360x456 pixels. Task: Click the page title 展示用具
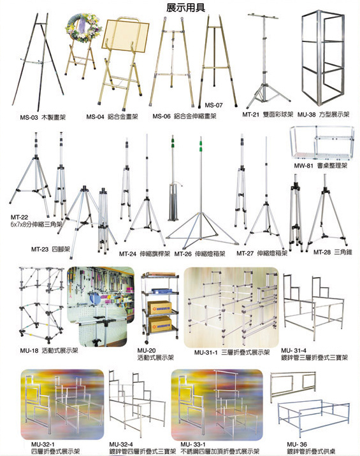(185, 7)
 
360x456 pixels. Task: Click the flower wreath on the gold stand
(84, 28)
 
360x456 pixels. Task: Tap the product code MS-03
(29, 117)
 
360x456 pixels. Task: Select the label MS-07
(213, 105)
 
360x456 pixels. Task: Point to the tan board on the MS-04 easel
(126, 36)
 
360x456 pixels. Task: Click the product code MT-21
(250, 115)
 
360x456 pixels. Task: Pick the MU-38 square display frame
(323, 57)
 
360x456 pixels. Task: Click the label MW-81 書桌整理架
(320, 166)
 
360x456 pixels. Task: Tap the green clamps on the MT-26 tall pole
(201, 146)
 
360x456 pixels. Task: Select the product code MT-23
(40, 249)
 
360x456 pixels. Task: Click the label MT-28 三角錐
(333, 252)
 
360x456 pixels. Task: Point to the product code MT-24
(127, 254)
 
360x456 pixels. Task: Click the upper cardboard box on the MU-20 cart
(159, 308)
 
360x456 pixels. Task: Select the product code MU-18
(29, 351)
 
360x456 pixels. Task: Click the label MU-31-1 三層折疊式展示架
(232, 352)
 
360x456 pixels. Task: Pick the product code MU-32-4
(121, 445)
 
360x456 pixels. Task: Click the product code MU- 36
(296, 445)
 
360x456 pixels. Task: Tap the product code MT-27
(245, 253)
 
